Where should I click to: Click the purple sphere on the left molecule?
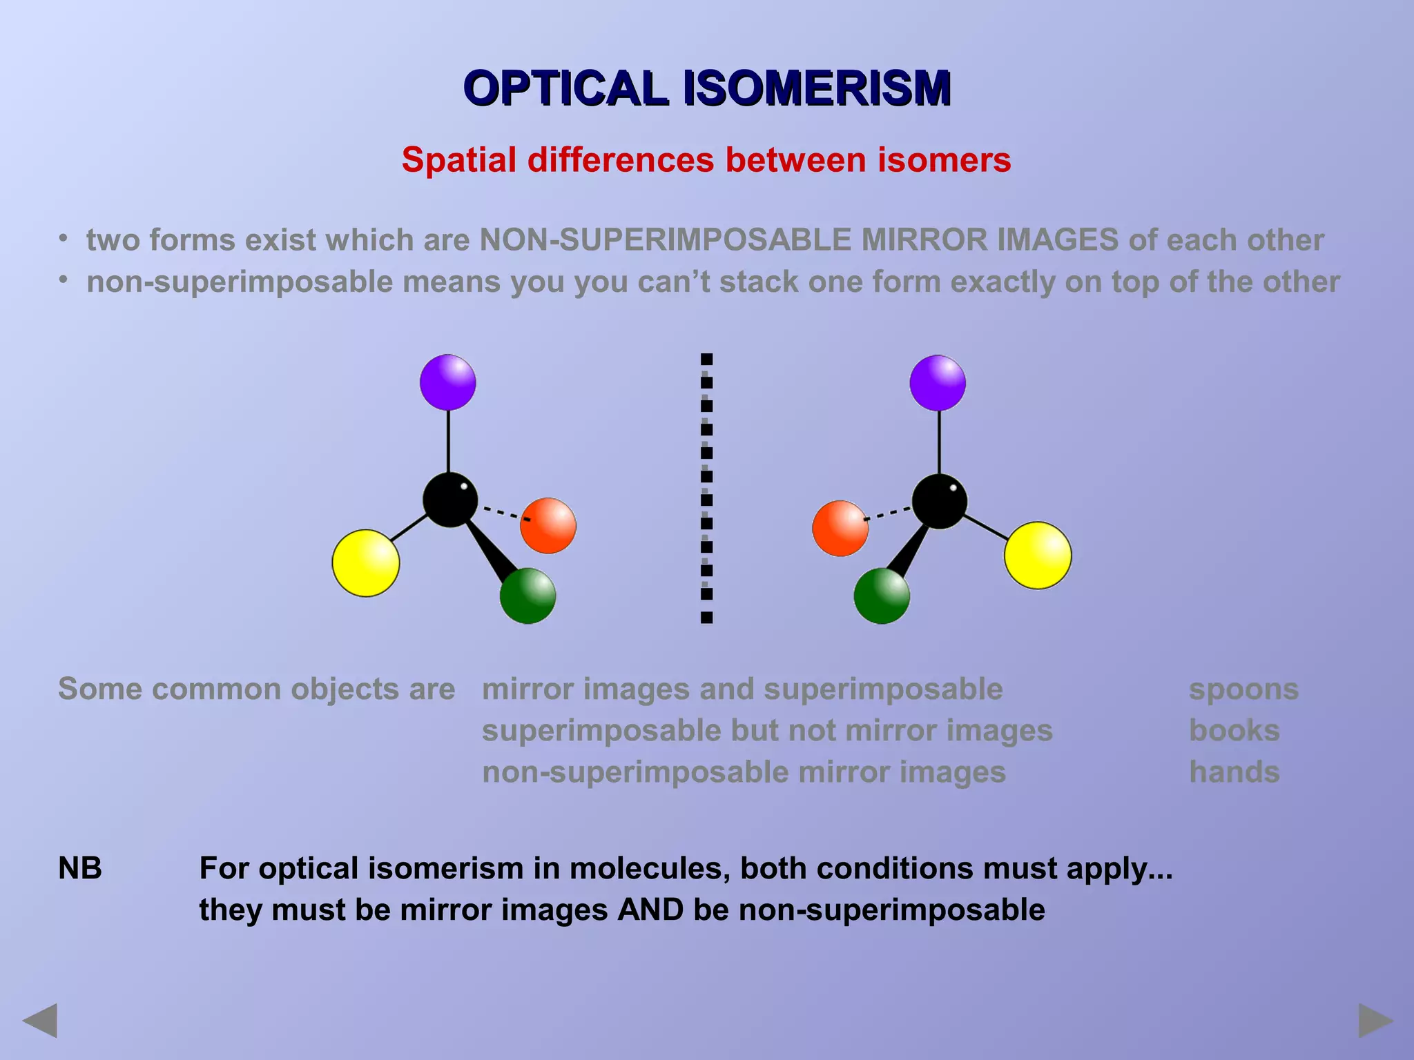(x=447, y=382)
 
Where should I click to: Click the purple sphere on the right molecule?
(x=937, y=383)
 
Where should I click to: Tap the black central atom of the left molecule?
(x=449, y=500)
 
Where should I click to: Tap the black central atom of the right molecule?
(x=939, y=501)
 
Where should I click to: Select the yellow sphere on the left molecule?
(x=365, y=562)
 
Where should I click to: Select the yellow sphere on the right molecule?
(x=1037, y=555)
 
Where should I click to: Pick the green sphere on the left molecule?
(x=527, y=596)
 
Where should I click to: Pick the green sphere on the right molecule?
(x=881, y=596)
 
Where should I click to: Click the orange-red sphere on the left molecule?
(x=548, y=525)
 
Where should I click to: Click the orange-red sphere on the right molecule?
(x=840, y=529)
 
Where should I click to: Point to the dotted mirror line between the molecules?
(x=706, y=488)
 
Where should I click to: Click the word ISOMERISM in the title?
(x=817, y=88)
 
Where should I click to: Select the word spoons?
(x=1243, y=689)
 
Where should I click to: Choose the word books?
(x=1234, y=731)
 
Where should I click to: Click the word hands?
(x=1234, y=772)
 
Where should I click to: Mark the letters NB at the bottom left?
(x=80, y=868)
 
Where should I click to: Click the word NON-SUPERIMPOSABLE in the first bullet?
(x=666, y=240)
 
